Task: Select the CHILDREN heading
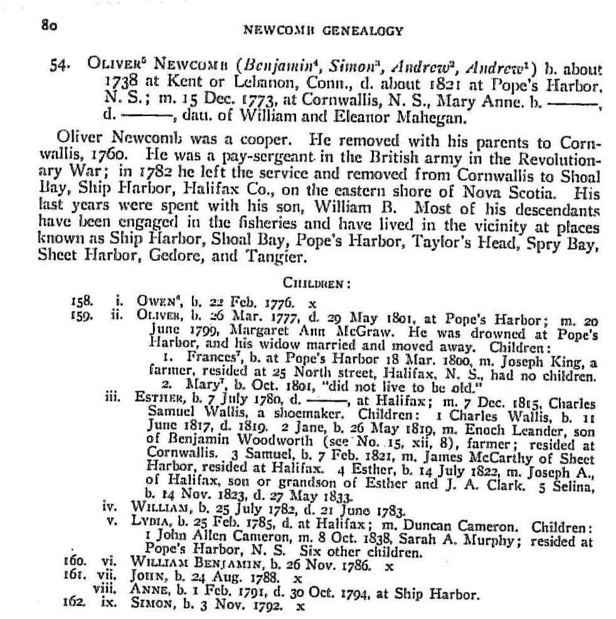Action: (x=322, y=283)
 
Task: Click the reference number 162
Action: (x=76, y=606)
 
